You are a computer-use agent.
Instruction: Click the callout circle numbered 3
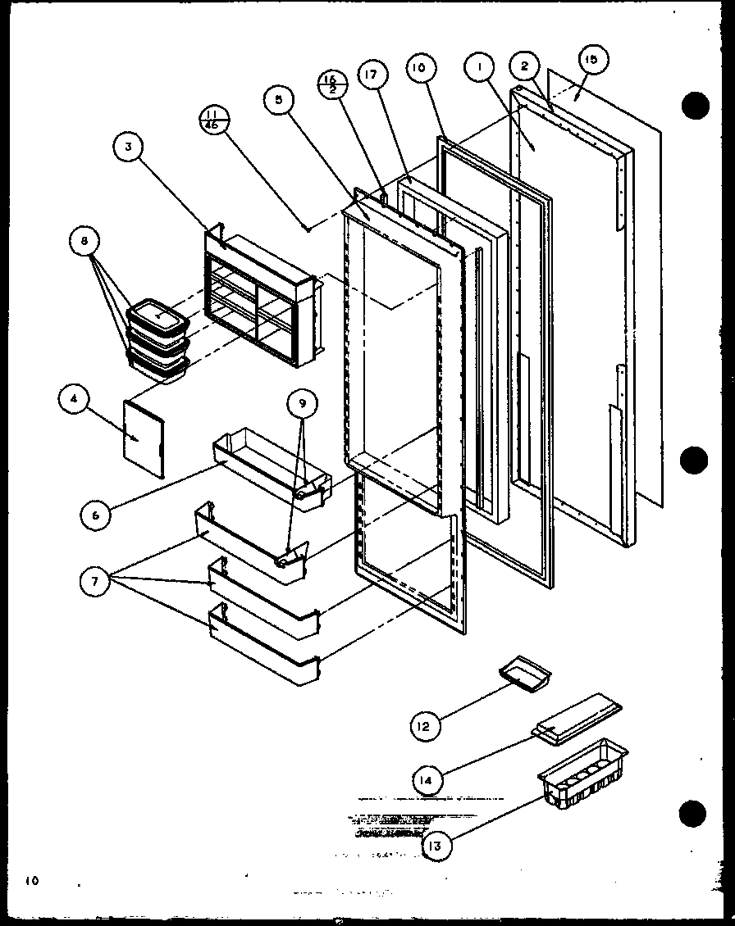tap(129, 148)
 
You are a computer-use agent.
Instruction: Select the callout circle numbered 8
tap(85, 243)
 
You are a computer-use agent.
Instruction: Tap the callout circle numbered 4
tap(74, 401)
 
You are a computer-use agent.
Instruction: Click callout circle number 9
tap(302, 402)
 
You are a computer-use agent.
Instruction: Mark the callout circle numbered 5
tap(280, 99)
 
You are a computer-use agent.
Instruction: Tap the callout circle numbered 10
tap(418, 69)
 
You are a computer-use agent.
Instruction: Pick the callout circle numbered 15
tap(592, 59)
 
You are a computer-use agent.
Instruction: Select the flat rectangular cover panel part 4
tap(144, 438)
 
